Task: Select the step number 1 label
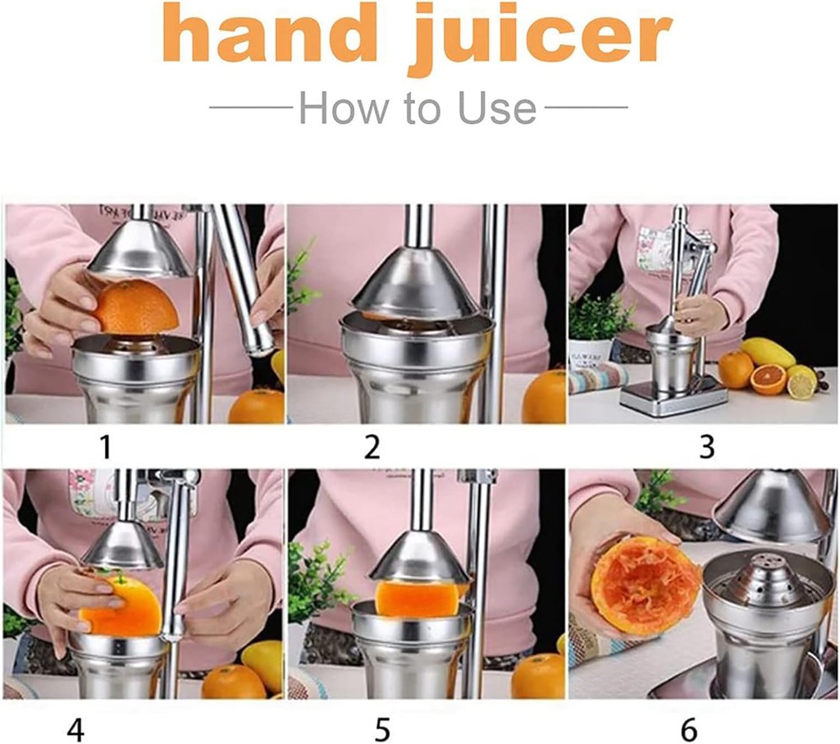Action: (x=105, y=447)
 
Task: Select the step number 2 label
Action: (x=372, y=447)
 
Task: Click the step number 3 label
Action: (x=706, y=447)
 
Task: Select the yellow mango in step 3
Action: (x=768, y=353)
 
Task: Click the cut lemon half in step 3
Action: (x=801, y=382)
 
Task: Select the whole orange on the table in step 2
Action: (x=545, y=398)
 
